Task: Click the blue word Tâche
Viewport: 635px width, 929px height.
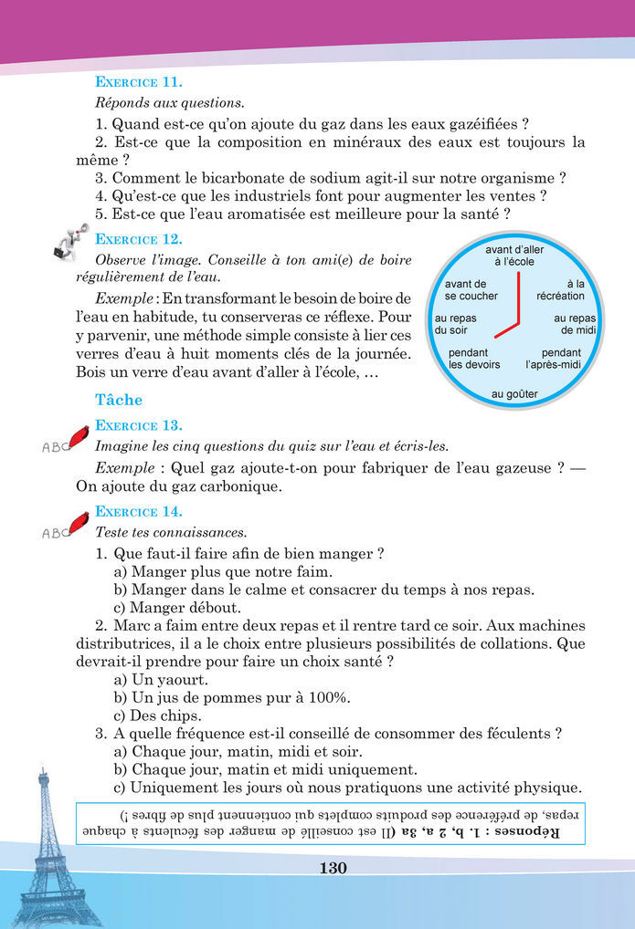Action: click(x=119, y=400)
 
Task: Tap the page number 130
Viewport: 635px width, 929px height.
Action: click(x=333, y=868)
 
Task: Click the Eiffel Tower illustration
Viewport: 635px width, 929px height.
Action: click(x=43, y=849)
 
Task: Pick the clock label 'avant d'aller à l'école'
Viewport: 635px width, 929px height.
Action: click(x=515, y=256)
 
